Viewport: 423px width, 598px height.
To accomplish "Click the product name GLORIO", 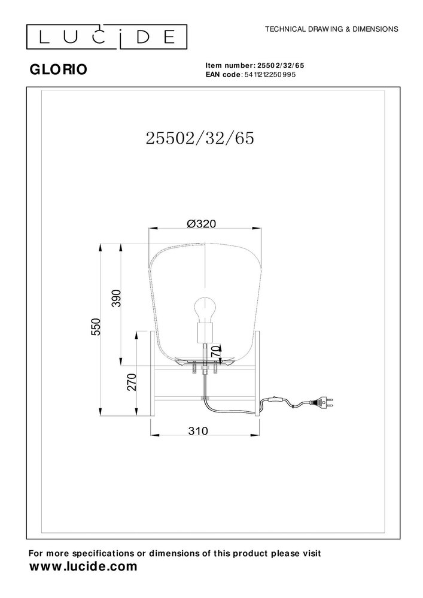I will pyautogui.click(x=57, y=69).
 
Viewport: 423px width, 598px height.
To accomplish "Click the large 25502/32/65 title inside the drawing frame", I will pyautogui.click(x=200, y=138).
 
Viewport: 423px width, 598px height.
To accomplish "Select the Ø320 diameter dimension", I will pyautogui.click(x=200, y=223).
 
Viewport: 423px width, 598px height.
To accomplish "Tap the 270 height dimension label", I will pyautogui.click(x=132, y=382).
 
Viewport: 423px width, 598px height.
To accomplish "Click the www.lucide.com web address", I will pyautogui.click(x=83, y=566).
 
